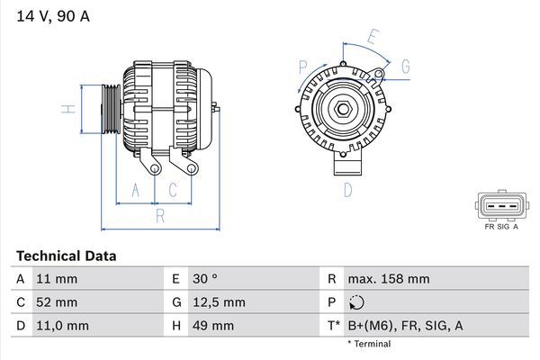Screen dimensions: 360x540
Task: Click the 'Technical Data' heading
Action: (66, 256)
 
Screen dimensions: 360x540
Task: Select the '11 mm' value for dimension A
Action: (56, 279)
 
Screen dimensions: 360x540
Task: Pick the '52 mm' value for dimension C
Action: (56, 301)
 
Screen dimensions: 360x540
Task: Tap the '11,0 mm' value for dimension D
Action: (62, 324)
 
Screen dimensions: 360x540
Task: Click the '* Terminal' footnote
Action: (369, 344)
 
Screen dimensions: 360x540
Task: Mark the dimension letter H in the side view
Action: (67, 110)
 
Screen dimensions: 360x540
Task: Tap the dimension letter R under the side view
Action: (159, 216)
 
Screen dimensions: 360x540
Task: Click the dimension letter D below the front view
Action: (347, 190)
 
